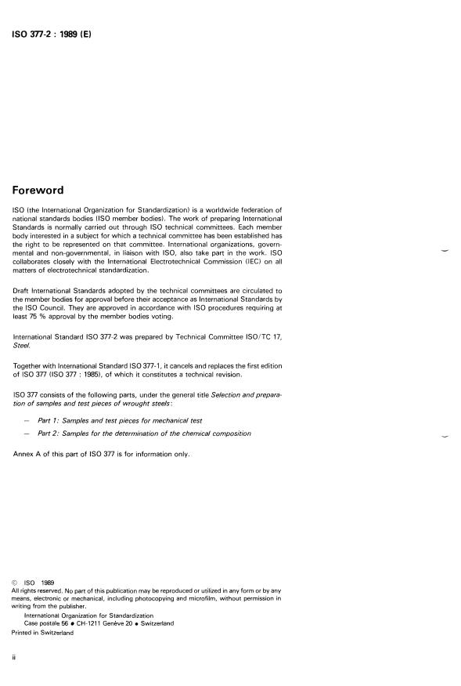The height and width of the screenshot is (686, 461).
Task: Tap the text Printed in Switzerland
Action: [43, 633]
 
